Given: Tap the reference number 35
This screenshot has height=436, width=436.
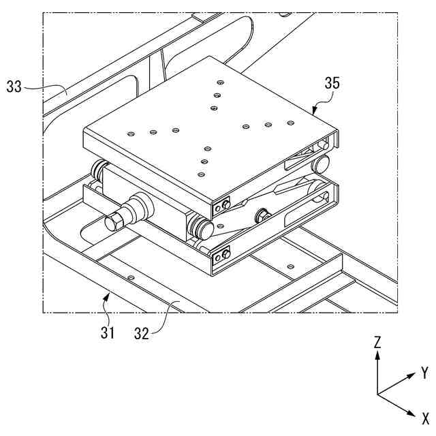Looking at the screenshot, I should coord(332,84).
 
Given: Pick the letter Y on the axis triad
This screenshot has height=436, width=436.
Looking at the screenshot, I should coord(424,372).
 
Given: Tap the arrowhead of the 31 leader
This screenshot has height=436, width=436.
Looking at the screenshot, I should coord(107,294).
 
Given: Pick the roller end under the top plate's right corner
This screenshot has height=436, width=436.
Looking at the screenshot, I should coord(320,164).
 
